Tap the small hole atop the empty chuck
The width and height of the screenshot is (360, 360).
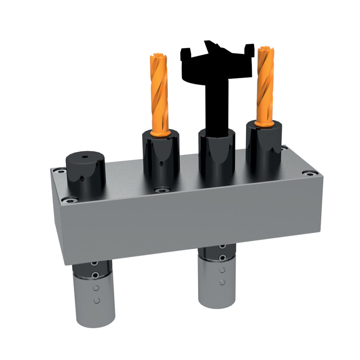pos(85,158)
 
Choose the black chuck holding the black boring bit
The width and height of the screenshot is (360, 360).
pos(217,155)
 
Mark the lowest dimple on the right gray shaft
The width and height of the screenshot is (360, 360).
pos(222,283)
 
